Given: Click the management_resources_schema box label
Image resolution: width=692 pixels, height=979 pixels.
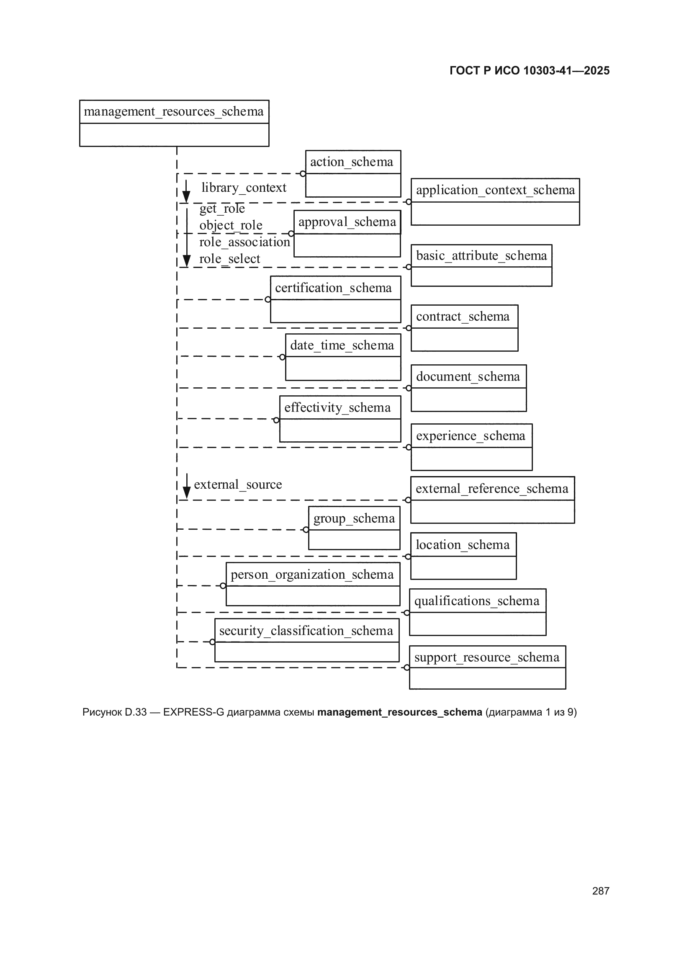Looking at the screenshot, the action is click(x=174, y=112).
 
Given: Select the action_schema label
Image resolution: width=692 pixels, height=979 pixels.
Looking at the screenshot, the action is click(x=352, y=162).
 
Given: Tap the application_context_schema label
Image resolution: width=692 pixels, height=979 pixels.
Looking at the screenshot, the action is click(x=495, y=190).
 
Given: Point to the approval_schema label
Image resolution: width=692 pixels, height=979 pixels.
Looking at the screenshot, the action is click(x=347, y=222).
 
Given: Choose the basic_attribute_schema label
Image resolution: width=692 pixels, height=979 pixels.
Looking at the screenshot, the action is click(x=481, y=256).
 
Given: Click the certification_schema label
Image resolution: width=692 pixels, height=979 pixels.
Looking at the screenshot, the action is click(x=333, y=288).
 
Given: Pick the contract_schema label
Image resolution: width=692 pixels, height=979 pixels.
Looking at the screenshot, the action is click(x=463, y=317).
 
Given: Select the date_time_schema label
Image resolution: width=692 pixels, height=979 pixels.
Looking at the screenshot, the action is click(x=342, y=345).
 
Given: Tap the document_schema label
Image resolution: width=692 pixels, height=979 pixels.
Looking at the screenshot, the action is click(x=468, y=377).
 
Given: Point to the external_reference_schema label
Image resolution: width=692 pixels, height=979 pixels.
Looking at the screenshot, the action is click(x=492, y=489).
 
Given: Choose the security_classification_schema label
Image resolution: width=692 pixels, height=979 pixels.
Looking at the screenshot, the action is click(x=306, y=631).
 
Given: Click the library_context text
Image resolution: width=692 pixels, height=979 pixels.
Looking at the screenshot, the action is click(x=244, y=188).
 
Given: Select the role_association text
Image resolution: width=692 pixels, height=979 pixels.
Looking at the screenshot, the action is click(x=245, y=242).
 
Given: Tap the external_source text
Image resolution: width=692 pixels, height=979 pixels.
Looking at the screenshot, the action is click(x=238, y=485).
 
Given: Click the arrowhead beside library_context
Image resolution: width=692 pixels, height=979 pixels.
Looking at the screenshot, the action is click(x=186, y=197).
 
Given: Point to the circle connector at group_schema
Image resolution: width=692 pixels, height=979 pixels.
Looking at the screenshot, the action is click(x=306, y=530).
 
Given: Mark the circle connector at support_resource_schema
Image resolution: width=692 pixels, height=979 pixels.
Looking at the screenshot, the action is click(x=407, y=668).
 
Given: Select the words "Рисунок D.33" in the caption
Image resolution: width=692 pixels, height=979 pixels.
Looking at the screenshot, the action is click(x=114, y=712).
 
